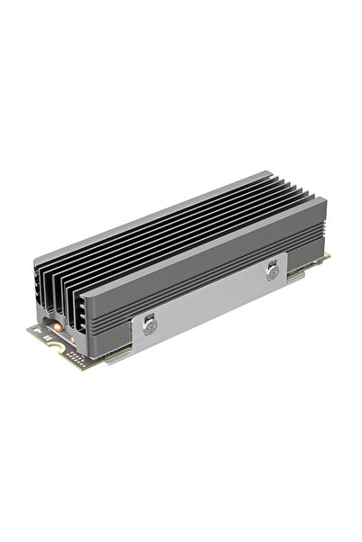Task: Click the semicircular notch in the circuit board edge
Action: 55,346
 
